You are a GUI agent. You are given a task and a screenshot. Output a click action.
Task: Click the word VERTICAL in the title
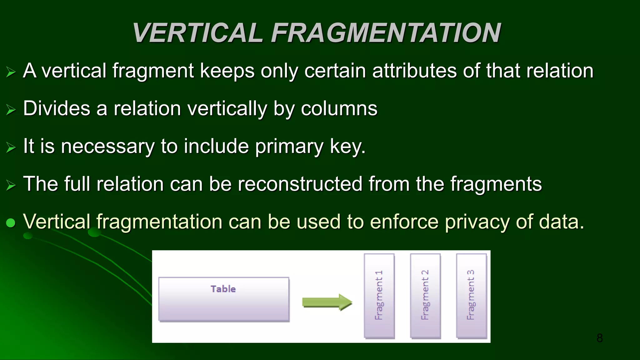(x=197, y=33)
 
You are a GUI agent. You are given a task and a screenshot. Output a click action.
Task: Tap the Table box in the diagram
(x=223, y=299)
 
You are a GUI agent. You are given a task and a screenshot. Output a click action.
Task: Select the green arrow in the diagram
(x=327, y=302)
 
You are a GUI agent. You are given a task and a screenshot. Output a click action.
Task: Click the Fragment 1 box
(x=379, y=295)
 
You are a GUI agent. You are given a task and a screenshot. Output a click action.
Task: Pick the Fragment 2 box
(x=425, y=295)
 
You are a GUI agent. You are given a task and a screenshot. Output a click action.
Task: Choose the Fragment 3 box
(x=471, y=295)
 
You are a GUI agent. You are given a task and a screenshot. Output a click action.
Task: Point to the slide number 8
(x=599, y=338)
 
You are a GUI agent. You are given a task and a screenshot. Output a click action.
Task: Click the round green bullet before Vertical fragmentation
(x=11, y=223)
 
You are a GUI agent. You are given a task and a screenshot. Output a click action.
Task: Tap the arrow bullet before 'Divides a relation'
(x=11, y=110)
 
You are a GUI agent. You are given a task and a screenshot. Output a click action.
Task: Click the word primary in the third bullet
(x=289, y=147)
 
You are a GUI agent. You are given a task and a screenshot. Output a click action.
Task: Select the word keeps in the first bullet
(x=227, y=71)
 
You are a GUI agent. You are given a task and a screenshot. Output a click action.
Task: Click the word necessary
(x=107, y=147)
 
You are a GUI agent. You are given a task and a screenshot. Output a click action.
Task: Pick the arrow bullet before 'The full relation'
(x=11, y=185)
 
